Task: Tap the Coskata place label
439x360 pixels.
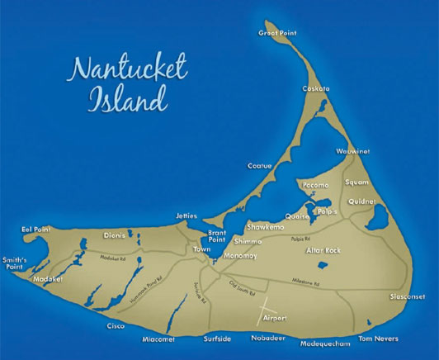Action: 316,88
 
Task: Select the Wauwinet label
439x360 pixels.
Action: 352,151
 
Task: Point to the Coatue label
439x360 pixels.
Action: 259,166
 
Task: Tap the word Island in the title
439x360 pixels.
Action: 123,102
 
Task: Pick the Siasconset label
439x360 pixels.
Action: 408,296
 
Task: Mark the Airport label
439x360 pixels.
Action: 274,318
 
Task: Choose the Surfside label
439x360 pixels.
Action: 220,339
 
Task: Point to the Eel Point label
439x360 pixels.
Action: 36,229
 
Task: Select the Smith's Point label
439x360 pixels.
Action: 15,263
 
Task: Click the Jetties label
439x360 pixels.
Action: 186,216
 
